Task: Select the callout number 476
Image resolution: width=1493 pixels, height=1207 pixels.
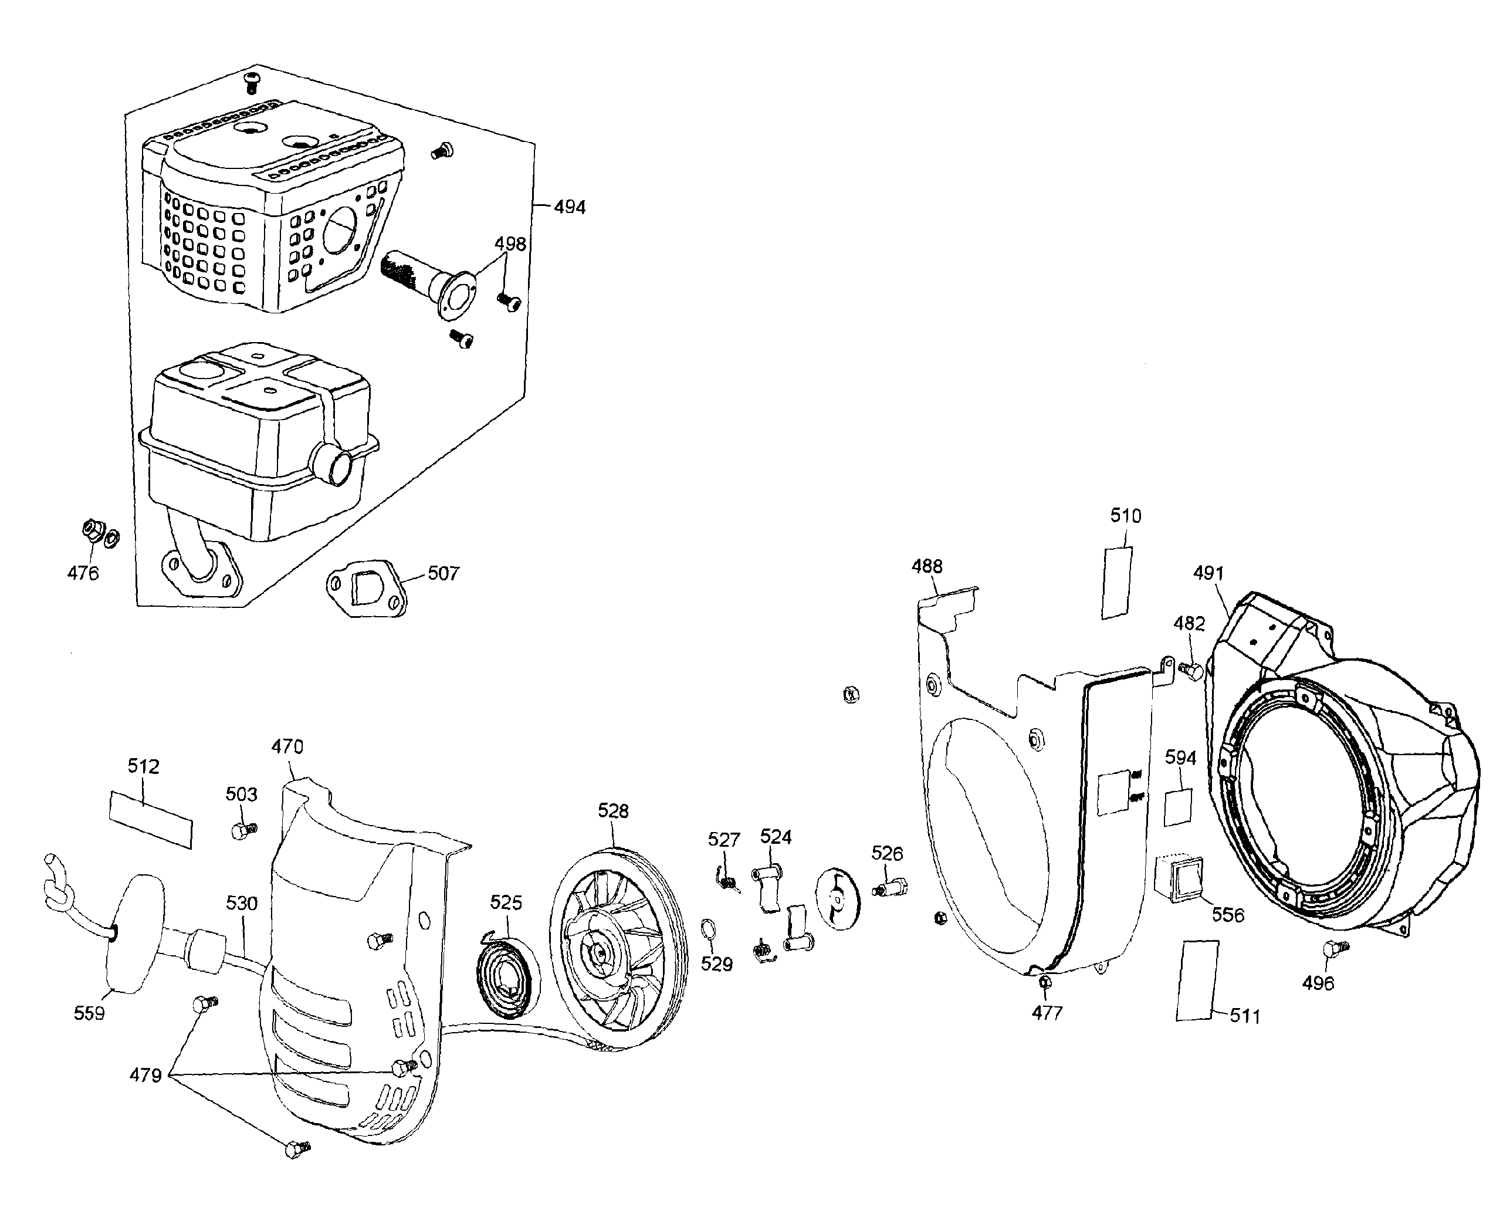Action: (x=83, y=574)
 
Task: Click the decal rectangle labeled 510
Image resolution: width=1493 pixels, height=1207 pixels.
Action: (x=1116, y=582)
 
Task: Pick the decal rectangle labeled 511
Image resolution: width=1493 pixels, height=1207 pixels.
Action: (x=1197, y=981)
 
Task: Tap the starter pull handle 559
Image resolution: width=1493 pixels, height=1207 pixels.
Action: (x=136, y=933)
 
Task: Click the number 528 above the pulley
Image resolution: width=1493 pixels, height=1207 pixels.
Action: (x=613, y=811)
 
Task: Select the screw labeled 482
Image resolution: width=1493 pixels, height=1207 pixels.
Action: (x=1191, y=670)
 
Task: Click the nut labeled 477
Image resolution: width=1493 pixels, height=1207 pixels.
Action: (x=1044, y=982)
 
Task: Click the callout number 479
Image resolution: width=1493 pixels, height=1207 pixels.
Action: (x=145, y=1076)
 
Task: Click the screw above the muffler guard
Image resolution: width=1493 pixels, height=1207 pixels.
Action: (x=252, y=82)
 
